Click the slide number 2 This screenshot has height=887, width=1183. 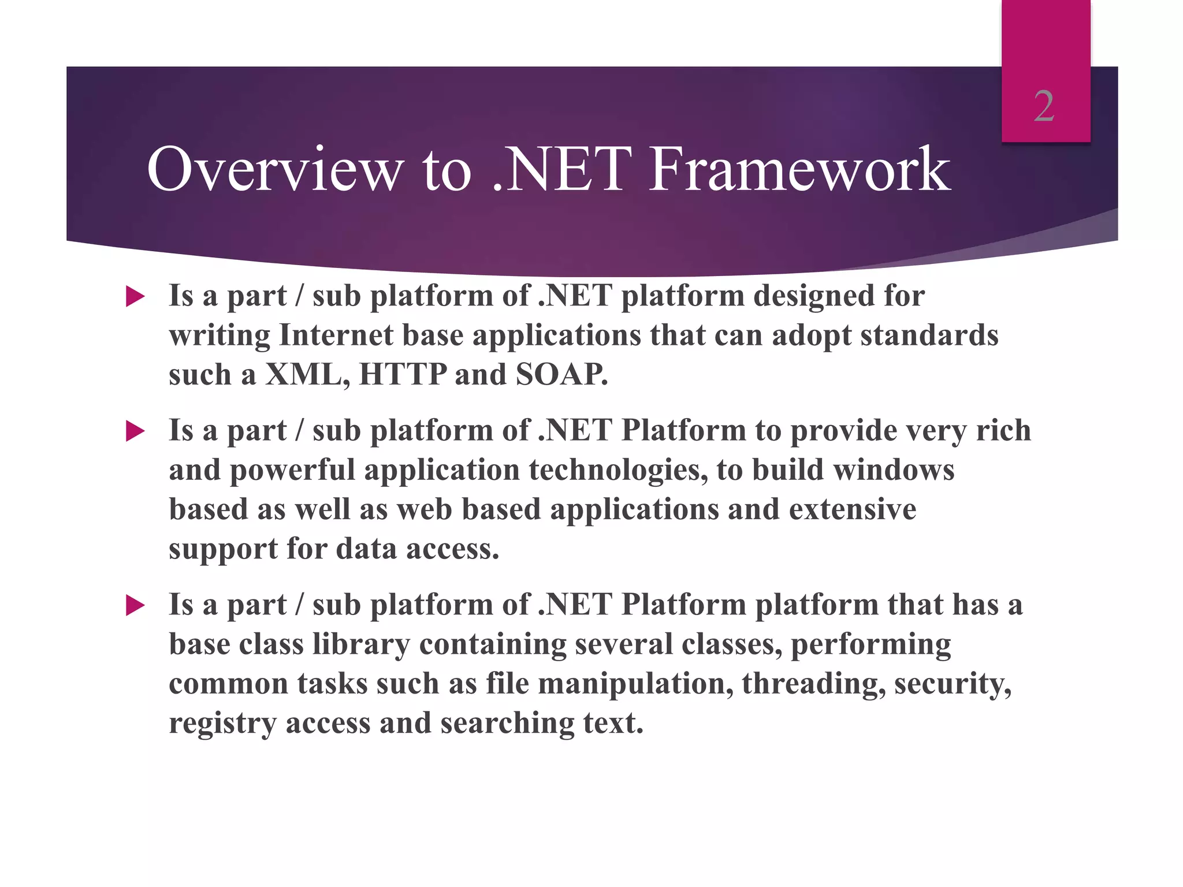point(1044,107)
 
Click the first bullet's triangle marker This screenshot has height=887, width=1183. point(135,297)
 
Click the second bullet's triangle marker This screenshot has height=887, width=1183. point(135,431)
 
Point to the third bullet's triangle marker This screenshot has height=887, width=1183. point(135,606)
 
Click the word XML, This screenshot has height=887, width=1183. point(307,374)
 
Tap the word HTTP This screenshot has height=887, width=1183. point(403,374)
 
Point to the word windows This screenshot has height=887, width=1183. point(894,469)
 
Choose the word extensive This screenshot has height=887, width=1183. point(853,509)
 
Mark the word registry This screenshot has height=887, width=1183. point(222,723)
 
